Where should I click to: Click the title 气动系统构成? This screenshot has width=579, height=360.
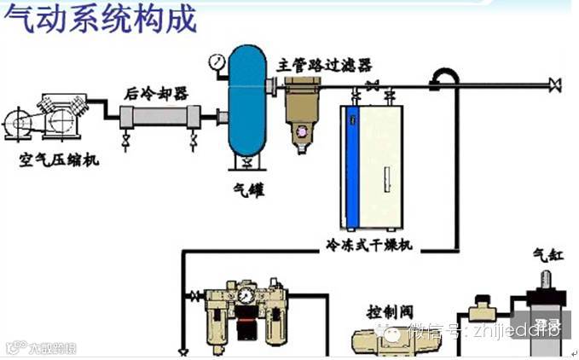coord(100,18)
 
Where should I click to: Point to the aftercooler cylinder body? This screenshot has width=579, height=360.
coord(162,118)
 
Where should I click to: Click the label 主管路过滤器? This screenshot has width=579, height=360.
coord(325,65)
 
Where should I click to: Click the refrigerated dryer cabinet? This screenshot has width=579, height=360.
coord(371,166)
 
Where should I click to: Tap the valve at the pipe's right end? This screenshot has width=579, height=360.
coord(556,84)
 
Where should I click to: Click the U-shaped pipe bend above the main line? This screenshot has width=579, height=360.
coord(443,76)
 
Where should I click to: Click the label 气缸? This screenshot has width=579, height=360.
coord(546,255)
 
